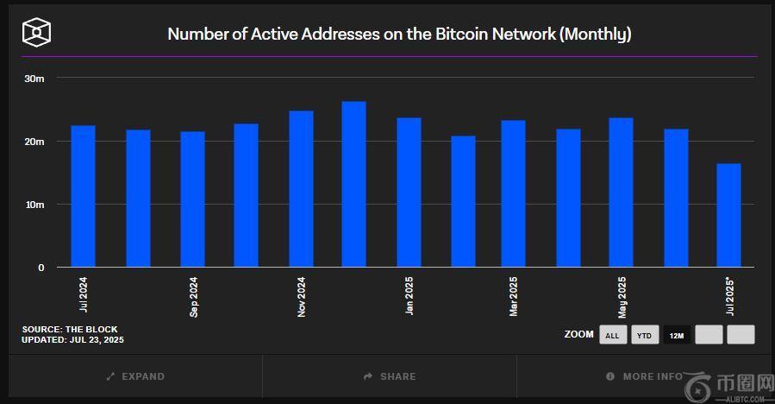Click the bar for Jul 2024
[83, 196]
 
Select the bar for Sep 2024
[192, 199]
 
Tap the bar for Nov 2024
[301, 189]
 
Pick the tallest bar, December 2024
[353, 184]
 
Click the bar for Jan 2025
[409, 193]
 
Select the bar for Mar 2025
[513, 193]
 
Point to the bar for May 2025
[621, 193]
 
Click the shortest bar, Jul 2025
[728, 215]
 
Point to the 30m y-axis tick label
[34, 78]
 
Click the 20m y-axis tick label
[34, 142]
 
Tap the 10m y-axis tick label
[34, 205]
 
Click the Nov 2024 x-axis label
[301, 296]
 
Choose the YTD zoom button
[644, 335]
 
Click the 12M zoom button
[677, 335]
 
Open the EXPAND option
[135, 376]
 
